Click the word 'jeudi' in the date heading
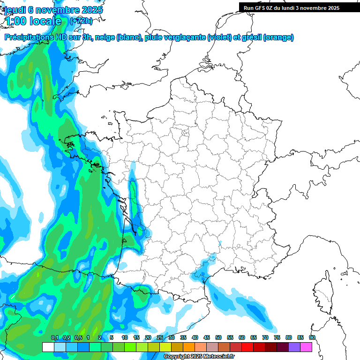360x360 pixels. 15,10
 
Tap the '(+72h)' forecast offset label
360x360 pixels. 81,21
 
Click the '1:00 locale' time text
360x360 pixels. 33,21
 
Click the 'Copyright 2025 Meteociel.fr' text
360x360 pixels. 199,357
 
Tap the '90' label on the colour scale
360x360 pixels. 312,338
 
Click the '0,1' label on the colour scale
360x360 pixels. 54,338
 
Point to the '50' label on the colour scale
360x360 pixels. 218,338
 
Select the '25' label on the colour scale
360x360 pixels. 160,338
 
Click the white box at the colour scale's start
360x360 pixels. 48,347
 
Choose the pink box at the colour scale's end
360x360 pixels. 306,347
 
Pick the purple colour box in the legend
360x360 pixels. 294,347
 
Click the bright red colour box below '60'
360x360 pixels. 247,347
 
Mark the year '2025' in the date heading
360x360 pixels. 92,10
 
